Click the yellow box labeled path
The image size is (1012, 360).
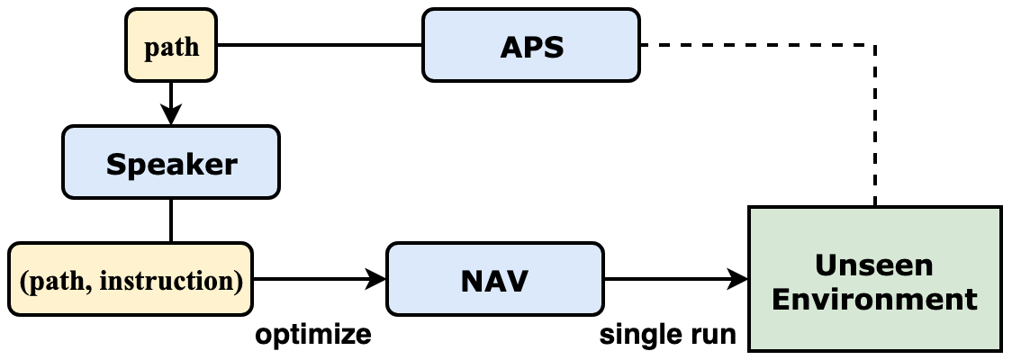[x=172, y=46]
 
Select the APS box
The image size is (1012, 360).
[x=531, y=46]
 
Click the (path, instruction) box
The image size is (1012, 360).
[x=131, y=280]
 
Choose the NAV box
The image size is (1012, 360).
[x=494, y=280]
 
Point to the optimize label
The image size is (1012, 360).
[x=312, y=335]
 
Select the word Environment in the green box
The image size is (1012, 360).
[x=874, y=298]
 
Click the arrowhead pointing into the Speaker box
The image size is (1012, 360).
[x=171, y=115]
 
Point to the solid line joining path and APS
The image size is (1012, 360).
[x=321, y=45]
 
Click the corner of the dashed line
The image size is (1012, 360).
[x=875, y=45]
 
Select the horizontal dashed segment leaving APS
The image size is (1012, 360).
[x=756, y=45]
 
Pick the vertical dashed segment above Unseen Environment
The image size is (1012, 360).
[x=875, y=126]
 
